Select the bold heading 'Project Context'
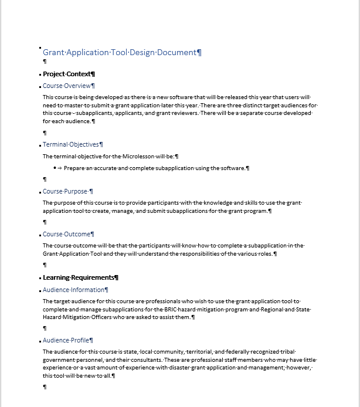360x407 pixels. coord(67,74)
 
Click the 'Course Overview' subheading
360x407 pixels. coord(67,86)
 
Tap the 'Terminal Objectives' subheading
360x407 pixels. coord(71,144)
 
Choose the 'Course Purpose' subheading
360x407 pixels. coord(66,191)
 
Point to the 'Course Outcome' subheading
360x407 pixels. coord(66,234)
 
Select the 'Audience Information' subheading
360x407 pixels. coord(73,290)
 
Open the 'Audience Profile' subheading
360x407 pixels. coord(66,340)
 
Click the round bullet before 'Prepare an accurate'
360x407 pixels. coord(55,168)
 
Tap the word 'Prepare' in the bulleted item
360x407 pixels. coord(75,168)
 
